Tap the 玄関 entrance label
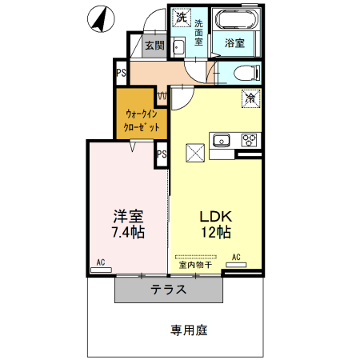point(154,46)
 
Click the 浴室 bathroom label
point(234,42)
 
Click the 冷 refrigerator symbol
point(250,99)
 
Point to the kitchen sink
point(221,141)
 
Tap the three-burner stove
point(250,141)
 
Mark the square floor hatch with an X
point(195,152)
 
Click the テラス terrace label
point(169,290)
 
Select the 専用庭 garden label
point(187,329)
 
